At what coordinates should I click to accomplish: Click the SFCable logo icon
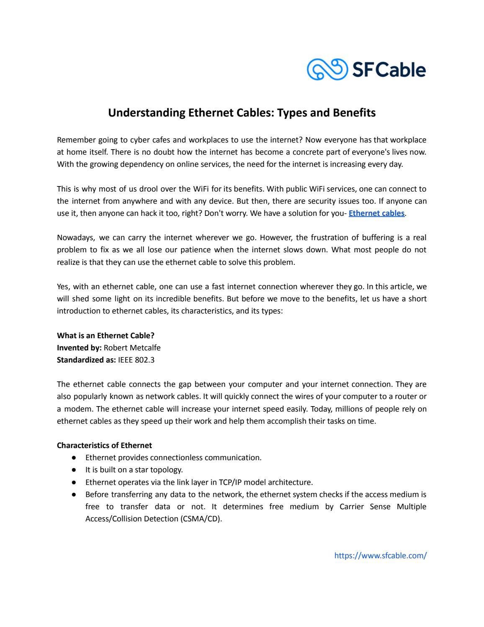click(x=327, y=69)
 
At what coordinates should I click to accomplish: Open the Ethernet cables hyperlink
click(x=376, y=213)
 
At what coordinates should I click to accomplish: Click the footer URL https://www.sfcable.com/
click(x=380, y=555)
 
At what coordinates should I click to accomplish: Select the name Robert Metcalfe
click(x=132, y=347)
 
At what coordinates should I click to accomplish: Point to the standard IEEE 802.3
click(x=136, y=360)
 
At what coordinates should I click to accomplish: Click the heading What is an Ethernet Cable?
click(x=106, y=335)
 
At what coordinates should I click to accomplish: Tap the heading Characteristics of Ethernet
click(x=104, y=445)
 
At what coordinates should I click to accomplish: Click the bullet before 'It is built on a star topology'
click(x=74, y=470)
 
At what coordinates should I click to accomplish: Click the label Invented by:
click(x=79, y=347)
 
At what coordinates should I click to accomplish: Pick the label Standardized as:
click(x=86, y=360)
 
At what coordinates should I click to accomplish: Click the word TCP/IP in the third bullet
click(x=231, y=482)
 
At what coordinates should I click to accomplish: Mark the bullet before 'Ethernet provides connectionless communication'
click(x=74, y=458)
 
